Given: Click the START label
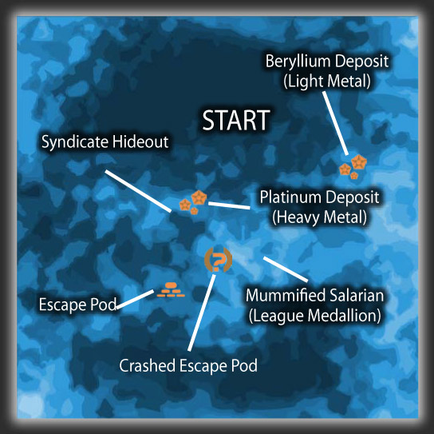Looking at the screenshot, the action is (236, 120).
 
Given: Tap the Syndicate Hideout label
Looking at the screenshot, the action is (105, 141).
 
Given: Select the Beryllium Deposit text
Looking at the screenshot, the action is (327, 62).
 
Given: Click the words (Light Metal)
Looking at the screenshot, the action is (327, 81).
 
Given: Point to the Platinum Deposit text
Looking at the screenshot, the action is (319, 197).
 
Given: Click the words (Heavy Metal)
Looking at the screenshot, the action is (319, 217).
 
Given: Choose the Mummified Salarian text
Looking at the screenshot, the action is (314, 296).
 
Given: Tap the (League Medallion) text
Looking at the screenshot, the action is (314, 316).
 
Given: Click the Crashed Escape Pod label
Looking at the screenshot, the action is (188, 365).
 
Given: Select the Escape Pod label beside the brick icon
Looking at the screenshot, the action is (77, 305).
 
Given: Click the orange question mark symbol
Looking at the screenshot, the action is (218, 260).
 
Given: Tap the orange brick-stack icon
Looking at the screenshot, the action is (171, 289).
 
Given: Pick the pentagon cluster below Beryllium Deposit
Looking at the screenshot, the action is (353, 167).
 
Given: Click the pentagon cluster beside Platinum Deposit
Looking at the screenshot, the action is (193, 202).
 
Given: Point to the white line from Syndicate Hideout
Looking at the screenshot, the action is (138, 191).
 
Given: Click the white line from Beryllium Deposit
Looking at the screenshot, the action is (335, 123).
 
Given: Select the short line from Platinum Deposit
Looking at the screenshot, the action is (229, 205).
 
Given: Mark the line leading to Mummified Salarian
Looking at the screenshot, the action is (286, 269).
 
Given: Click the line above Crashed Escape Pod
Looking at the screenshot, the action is (201, 313).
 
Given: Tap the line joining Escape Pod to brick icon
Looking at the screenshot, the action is (135, 299).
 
